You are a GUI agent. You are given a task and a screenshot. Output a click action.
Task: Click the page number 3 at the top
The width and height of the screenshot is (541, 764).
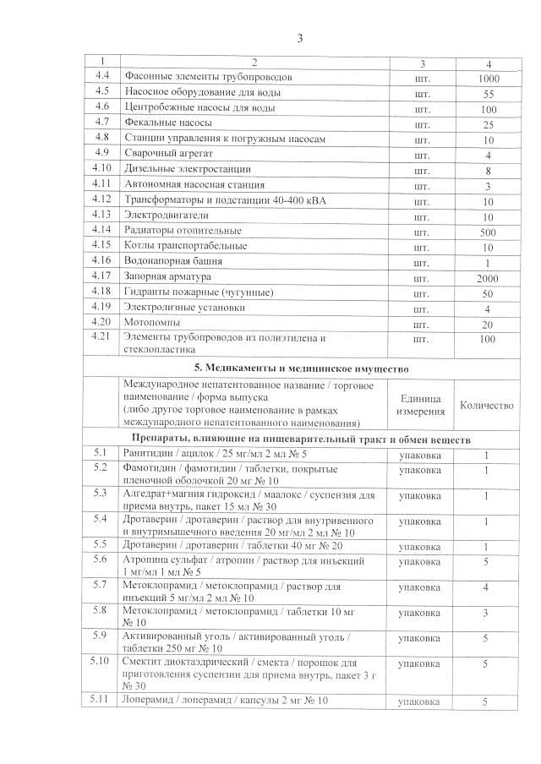click(299, 38)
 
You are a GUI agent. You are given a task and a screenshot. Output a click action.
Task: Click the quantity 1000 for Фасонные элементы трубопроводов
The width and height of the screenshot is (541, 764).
click(488, 78)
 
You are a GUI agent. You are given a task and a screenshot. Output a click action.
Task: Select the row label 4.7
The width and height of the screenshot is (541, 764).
click(102, 123)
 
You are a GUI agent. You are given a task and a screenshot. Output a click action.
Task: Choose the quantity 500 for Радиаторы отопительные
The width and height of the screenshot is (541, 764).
click(488, 232)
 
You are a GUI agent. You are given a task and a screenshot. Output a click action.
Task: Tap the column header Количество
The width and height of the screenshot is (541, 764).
click(487, 405)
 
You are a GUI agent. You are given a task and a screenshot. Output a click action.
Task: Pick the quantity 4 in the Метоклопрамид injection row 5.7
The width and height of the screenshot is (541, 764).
click(487, 587)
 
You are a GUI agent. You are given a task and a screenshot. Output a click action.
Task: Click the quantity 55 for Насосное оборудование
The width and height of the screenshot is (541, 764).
click(488, 93)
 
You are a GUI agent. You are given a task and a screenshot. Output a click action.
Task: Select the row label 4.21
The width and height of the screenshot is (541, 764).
click(102, 338)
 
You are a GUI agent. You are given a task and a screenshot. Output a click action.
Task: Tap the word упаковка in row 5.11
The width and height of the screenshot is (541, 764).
click(418, 702)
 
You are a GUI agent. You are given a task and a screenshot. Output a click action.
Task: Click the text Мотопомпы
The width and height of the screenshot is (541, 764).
click(152, 323)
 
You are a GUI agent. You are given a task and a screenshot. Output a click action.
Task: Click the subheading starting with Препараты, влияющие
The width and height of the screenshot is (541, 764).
click(301, 439)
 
